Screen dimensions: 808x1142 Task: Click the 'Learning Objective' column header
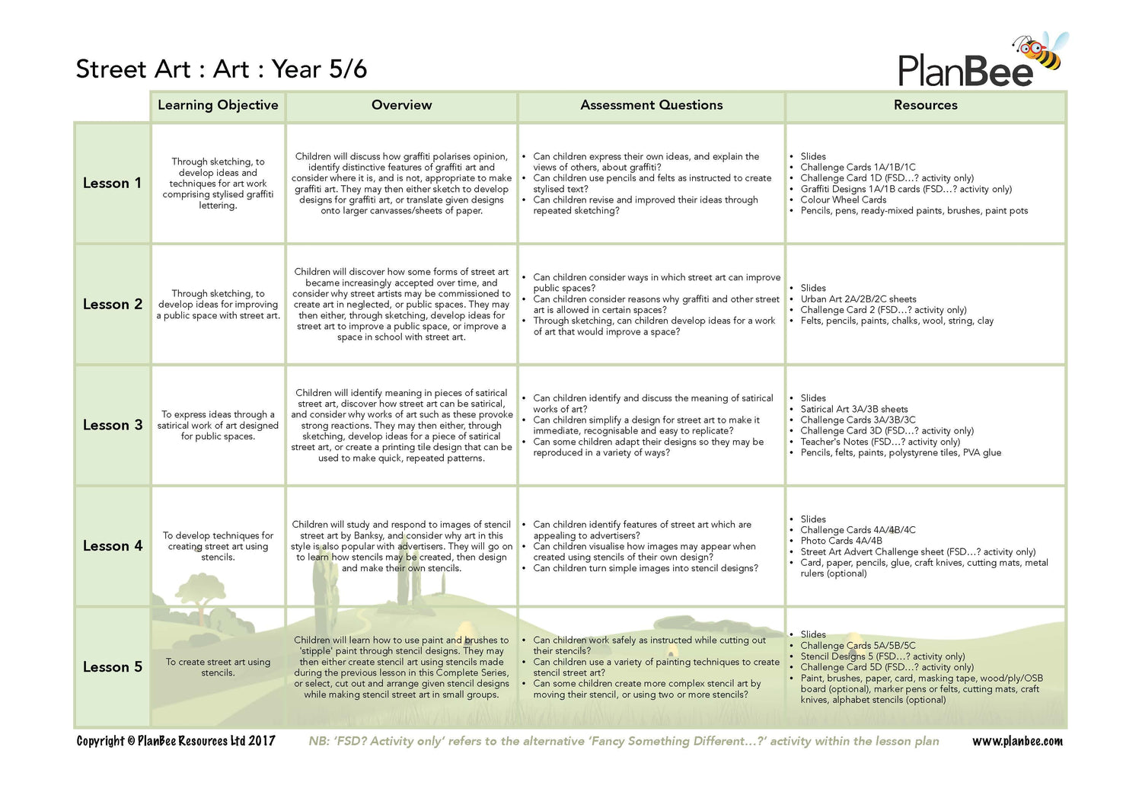(218, 105)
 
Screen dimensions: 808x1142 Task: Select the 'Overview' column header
(401, 105)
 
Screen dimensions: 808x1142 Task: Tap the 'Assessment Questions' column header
(651, 105)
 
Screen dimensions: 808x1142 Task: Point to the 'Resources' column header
(925, 105)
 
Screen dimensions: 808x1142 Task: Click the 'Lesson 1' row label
(112, 183)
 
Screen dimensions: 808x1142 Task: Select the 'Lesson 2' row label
(112, 304)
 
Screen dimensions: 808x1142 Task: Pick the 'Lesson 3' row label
(112, 425)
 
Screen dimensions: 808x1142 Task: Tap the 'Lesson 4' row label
(112, 546)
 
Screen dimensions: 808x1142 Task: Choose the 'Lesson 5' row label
(112, 667)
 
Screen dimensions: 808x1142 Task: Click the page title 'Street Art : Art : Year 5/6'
(221, 69)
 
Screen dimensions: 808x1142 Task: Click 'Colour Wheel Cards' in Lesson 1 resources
(843, 200)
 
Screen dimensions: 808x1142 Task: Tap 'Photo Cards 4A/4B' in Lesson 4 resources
(841, 541)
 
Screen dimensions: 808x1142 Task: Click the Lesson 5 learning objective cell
(218, 667)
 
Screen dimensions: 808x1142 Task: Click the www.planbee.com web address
(1017, 741)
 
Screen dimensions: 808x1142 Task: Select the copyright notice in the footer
(176, 741)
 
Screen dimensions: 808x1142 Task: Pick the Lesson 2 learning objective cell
(218, 304)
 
